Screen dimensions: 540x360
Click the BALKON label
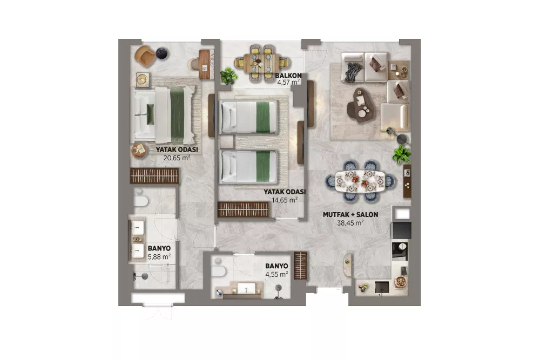point(288,76)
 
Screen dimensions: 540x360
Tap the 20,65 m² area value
point(177,158)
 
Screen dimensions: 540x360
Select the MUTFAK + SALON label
point(350,214)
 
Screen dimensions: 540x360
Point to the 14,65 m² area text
point(285,200)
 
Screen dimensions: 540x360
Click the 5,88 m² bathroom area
point(159,256)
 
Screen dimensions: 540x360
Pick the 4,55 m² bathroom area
point(276,274)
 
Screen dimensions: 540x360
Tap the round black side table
point(161,53)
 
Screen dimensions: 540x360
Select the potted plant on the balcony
point(228,76)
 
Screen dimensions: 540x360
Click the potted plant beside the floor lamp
point(402,154)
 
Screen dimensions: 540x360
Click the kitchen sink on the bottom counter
point(382,287)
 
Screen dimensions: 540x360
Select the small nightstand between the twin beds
point(227,142)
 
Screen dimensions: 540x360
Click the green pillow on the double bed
point(150,114)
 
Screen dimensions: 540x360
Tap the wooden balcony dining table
point(261,63)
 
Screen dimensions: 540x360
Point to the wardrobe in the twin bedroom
point(244,209)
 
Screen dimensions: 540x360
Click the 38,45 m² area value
point(350,223)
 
